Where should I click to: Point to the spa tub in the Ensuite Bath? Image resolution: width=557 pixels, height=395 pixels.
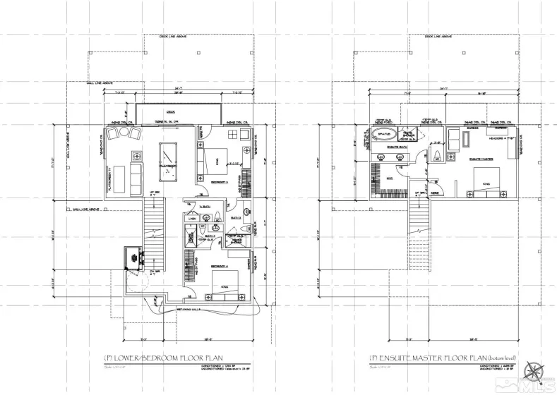385,134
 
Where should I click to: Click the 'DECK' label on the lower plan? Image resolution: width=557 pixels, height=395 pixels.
170,111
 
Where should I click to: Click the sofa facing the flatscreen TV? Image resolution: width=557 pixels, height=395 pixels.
134,179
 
